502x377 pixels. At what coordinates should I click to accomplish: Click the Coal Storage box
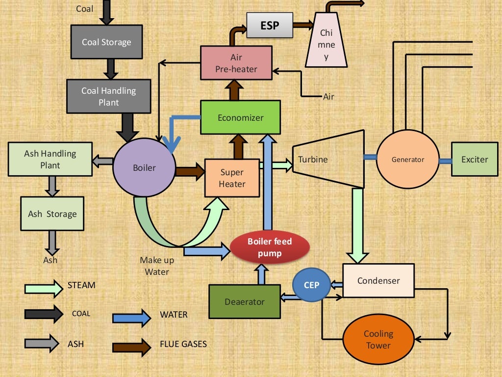[106, 42]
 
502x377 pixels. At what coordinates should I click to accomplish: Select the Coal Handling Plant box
[108, 96]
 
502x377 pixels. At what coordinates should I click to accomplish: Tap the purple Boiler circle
[144, 168]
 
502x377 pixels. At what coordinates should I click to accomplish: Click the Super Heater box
[232, 178]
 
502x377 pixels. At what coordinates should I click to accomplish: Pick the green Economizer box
[240, 117]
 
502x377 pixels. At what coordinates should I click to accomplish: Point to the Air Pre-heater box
[236, 63]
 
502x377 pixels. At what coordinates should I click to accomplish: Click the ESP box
[269, 25]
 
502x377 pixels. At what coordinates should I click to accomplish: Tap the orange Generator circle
[407, 160]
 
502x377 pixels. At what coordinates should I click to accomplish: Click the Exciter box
[475, 160]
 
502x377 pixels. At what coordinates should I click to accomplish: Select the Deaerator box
[245, 301]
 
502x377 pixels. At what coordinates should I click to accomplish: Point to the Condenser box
[378, 281]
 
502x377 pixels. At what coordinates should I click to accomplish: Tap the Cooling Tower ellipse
[378, 339]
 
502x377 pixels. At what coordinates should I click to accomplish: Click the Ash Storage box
[52, 214]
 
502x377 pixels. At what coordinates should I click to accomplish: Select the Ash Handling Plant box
[50, 159]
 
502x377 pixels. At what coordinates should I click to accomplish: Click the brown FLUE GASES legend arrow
[131, 347]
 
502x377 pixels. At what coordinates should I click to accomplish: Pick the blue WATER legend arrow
[131, 318]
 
